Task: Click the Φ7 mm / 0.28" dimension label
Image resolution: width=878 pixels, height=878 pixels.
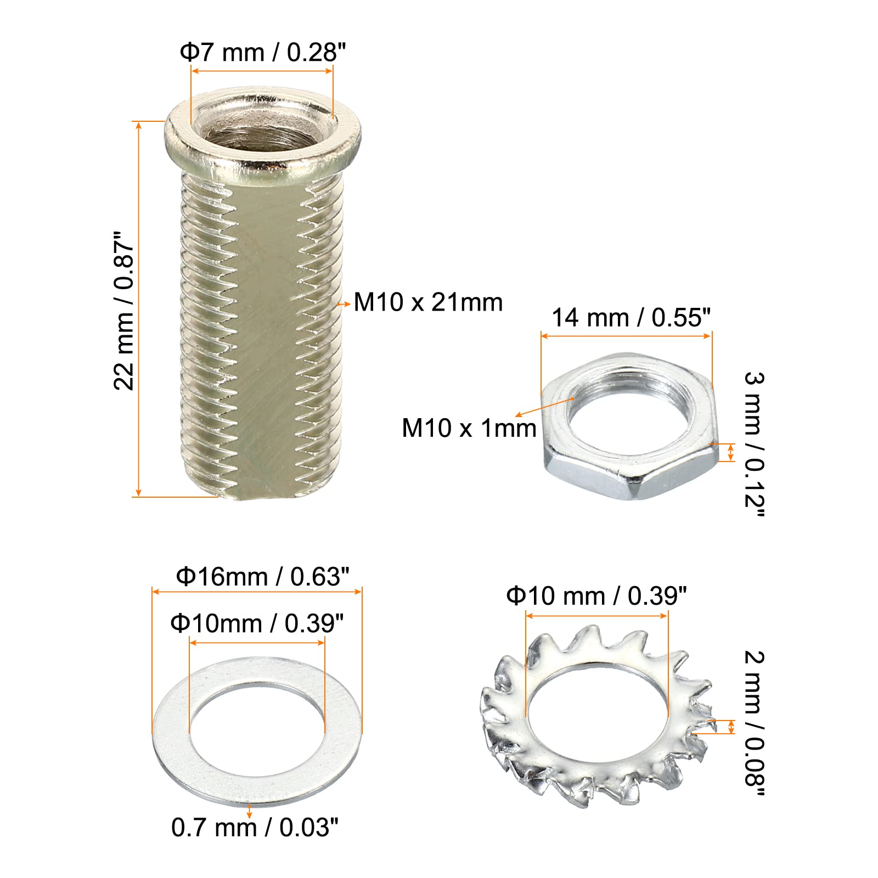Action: pos(263,52)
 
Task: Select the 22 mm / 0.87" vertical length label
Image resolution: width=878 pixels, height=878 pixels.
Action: pos(124,311)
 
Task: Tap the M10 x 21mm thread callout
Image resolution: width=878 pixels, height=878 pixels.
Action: pos(428,302)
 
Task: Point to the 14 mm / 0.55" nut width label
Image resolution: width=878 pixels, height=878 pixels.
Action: pos(631,317)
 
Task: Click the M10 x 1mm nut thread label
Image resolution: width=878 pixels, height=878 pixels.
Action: pos(469,428)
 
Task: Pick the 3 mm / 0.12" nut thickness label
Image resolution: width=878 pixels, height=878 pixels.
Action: pos(754,444)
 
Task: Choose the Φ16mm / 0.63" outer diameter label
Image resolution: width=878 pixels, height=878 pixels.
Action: pos(262,577)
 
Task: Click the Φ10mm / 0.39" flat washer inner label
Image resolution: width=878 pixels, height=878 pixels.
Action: pos(257,623)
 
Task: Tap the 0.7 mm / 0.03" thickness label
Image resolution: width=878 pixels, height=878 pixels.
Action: pos(255,828)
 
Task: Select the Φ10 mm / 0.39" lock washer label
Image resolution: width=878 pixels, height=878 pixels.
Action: pos(596,596)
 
